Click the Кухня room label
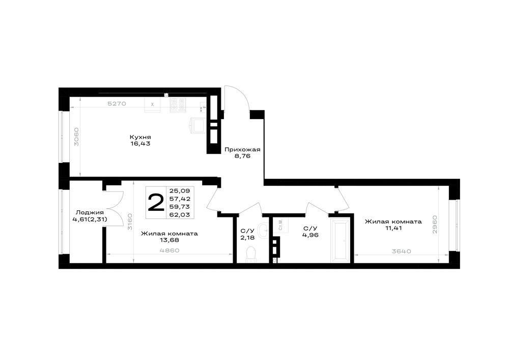pos(140,137)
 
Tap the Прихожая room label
pos(242,150)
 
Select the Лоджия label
pos(90,213)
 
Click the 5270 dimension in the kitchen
pos(117,104)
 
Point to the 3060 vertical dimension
pos(76,136)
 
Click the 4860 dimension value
pos(170,251)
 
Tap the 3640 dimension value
pos(402,251)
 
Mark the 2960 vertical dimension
pos(435,225)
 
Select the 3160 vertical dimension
pos(130,221)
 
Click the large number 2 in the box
pos(156,203)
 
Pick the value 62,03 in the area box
pos(180,214)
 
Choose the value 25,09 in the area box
pos(180,191)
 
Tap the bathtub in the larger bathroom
pos(340,241)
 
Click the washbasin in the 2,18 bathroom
pos(263,231)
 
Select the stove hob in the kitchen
pos(178,105)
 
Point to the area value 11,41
pos(393,228)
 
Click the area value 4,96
pos(310,235)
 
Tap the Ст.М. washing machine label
pos(281,225)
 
